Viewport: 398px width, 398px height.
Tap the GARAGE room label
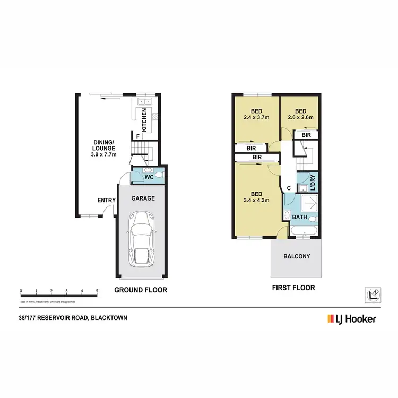click(x=143, y=198)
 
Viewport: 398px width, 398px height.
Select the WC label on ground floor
click(x=149, y=177)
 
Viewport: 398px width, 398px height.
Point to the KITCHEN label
click(x=144, y=120)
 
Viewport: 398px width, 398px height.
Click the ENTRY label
click(x=107, y=200)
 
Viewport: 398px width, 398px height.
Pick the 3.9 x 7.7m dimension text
click(x=104, y=154)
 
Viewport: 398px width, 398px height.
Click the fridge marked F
click(x=138, y=136)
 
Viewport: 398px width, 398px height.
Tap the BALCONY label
click(x=296, y=256)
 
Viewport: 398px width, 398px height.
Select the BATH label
click(x=300, y=217)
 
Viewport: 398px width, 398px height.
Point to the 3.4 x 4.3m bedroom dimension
click(x=256, y=200)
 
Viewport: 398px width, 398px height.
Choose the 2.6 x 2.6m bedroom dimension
click(x=300, y=117)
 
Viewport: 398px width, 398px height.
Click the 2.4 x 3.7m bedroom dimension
click(x=256, y=117)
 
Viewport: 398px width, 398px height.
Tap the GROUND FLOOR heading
click(x=141, y=290)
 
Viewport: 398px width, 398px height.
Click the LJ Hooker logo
click(x=352, y=319)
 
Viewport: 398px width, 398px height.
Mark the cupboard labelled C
click(x=289, y=187)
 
